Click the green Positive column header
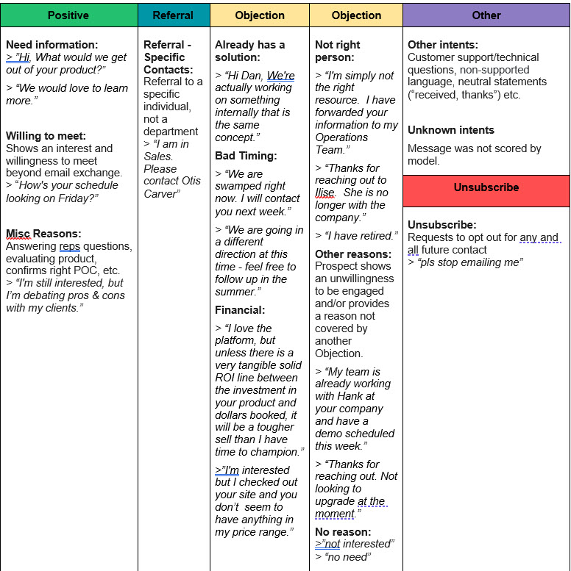(x=68, y=15)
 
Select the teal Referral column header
(x=173, y=15)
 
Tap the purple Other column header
(x=486, y=15)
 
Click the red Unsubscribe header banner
(x=486, y=187)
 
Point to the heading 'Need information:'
(x=52, y=45)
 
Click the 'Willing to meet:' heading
(x=46, y=136)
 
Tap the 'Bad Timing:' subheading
(x=246, y=156)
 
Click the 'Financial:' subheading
(x=240, y=310)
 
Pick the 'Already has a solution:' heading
(x=250, y=51)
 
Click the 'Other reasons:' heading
(x=352, y=254)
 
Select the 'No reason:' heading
(x=343, y=531)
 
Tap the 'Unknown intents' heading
(x=451, y=130)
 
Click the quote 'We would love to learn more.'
(x=67, y=93)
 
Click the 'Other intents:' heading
(x=443, y=45)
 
